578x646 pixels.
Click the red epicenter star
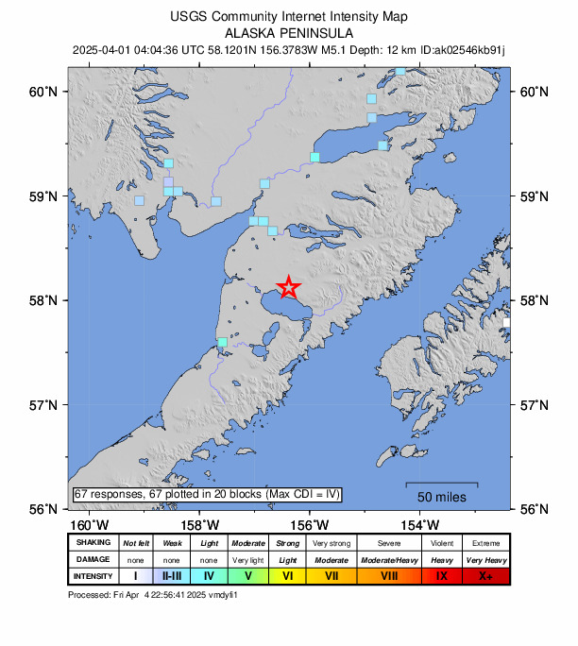[x=288, y=287]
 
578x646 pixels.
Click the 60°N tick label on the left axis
[x=43, y=92]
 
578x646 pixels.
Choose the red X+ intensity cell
[x=486, y=575]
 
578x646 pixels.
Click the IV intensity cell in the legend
[x=210, y=575]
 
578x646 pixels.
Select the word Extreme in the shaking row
[x=486, y=542]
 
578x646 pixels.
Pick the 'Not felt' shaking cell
[x=136, y=542]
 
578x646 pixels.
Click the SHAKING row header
[x=93, y=542]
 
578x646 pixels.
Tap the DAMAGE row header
[x=93, y=558]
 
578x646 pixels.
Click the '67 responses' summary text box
[x=207, y=494]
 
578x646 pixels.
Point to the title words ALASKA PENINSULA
[x=289, y=32]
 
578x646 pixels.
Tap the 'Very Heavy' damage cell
[x=486, y=558]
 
